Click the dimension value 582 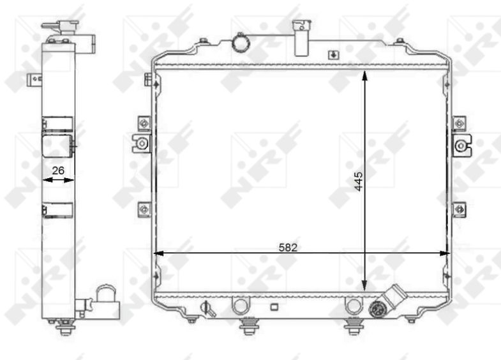click(288, 247)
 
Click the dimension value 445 click(359, 181)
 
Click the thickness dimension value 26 click(58, 170)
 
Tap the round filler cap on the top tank click(240, 41)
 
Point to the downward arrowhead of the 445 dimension click(364, 286)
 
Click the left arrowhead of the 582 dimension click(159, 253)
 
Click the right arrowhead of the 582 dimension click(444, 253)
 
